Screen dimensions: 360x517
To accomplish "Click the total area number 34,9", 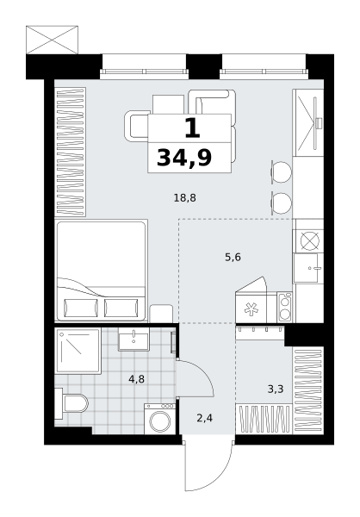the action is [184, 158].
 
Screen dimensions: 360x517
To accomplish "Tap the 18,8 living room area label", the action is [185, 198].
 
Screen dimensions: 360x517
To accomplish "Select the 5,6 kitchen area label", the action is [233, 257].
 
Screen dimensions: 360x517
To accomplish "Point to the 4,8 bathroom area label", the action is [136, 379].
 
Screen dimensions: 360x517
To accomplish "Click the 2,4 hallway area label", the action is [204, 418].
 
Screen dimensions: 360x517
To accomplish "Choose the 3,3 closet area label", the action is [276, 389].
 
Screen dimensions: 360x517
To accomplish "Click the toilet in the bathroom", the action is [71, 403].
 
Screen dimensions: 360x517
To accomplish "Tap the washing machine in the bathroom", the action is [160, 419].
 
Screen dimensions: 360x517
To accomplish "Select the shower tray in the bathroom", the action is [78, 351].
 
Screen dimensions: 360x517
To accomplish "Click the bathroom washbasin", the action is [133, 339].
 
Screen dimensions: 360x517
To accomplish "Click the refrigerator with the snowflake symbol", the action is [251, 308].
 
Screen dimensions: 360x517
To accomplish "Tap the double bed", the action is [102, 270].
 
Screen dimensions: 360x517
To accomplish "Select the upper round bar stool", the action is [282, 172].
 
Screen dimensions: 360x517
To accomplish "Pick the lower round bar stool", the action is [282, 203].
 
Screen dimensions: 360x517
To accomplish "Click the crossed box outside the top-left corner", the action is [52, 40].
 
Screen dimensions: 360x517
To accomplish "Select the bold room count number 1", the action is [193, 128].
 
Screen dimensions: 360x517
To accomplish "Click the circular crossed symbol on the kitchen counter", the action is [310, 240].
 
